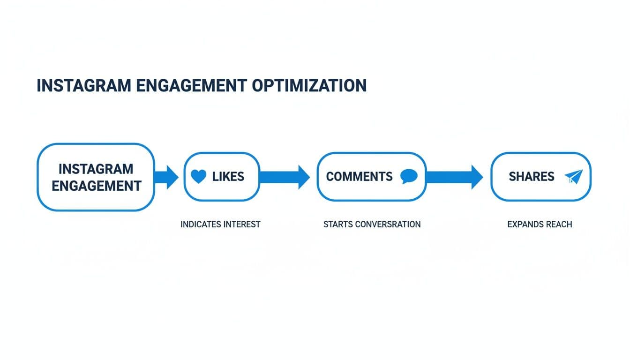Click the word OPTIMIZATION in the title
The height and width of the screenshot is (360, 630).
point(309,86)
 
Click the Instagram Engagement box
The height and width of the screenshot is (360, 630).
point(96,177)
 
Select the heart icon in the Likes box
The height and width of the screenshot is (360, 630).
point(199,177)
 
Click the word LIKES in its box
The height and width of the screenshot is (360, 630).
point(228,177)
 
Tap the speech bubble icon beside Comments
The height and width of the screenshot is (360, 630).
point(409,177)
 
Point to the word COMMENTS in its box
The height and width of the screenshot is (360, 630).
point(359,177)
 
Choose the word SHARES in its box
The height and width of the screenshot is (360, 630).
point(531,177)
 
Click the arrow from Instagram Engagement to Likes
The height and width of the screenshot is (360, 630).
point(166,177)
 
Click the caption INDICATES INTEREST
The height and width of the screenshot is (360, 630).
point(220,225)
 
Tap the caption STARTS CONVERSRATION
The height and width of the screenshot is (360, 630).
point(372,225)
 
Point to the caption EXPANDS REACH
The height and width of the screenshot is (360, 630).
point(540,225)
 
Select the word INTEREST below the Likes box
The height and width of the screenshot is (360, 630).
point(241,225)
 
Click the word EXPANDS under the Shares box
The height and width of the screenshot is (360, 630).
point(524,225)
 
